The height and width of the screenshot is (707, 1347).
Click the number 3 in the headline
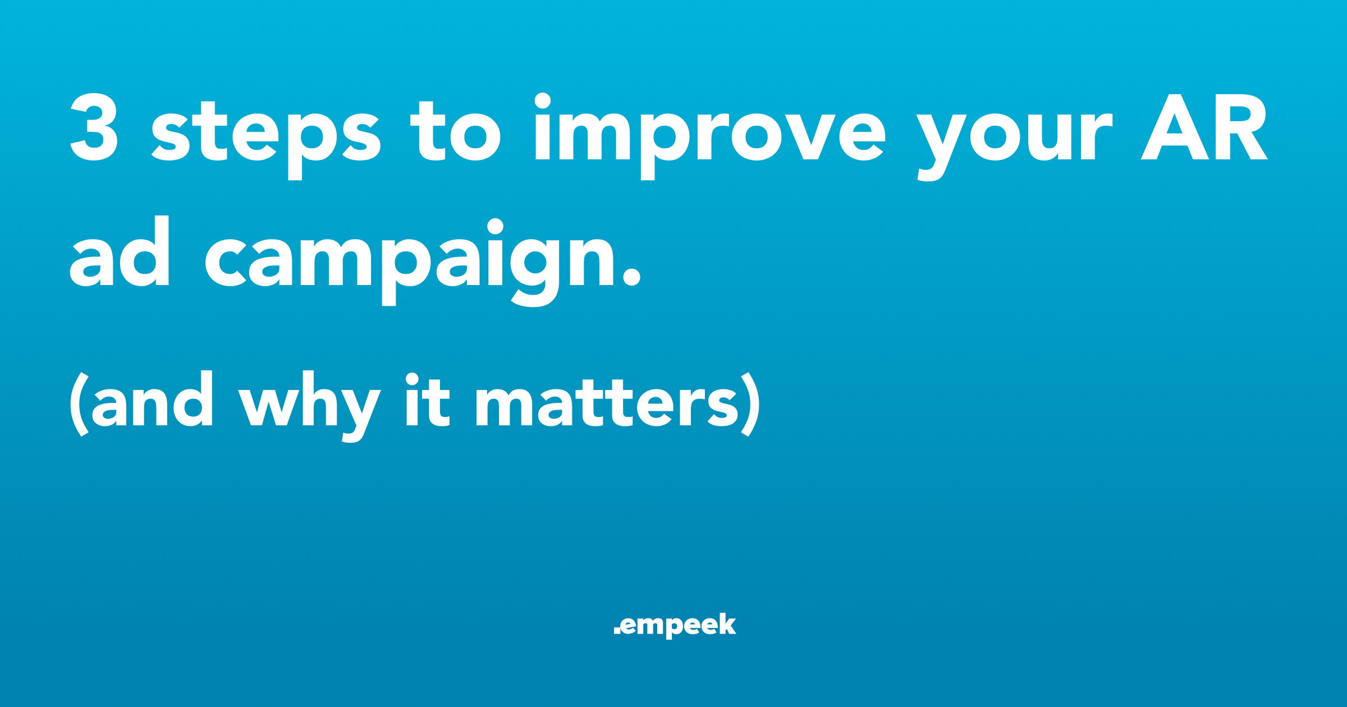[94, 127]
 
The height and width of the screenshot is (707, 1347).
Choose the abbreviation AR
[1204, 127]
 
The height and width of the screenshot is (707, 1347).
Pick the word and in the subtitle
[152, 398]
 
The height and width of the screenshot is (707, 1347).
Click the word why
[310, 406]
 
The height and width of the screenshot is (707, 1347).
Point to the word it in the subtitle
[428, 400]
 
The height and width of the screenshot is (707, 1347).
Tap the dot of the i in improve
[542, 101]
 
